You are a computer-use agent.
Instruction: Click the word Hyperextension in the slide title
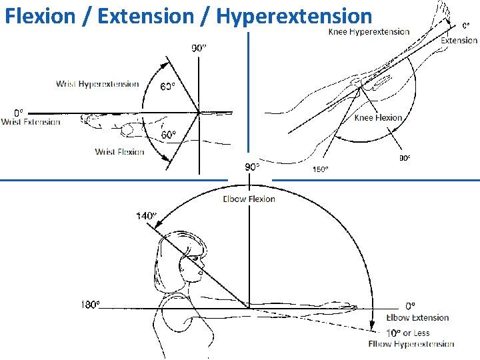(x=294, y=15)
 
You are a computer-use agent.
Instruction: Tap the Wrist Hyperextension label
(x=97, y=84)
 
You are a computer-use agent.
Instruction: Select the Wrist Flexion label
(x=119, y=152)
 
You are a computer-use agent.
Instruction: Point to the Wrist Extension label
(x=31, y=122)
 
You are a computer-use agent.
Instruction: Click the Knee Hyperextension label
(x=369, y=32)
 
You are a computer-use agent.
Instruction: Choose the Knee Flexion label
(x=378, y=118)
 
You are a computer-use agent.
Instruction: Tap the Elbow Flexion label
(x=249, y=199)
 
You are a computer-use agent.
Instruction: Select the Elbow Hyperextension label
(x=411, y=344)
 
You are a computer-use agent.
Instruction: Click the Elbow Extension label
(x=417, y=318)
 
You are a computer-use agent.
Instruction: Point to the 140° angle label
(x=145, y=215)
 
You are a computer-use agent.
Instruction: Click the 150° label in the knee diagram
(x=320, y=169)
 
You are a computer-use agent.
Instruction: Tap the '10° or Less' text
(x=407, y=333)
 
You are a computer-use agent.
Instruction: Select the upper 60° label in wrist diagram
(x=168, y=87)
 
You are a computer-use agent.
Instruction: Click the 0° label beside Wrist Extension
(x=19, y=112)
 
